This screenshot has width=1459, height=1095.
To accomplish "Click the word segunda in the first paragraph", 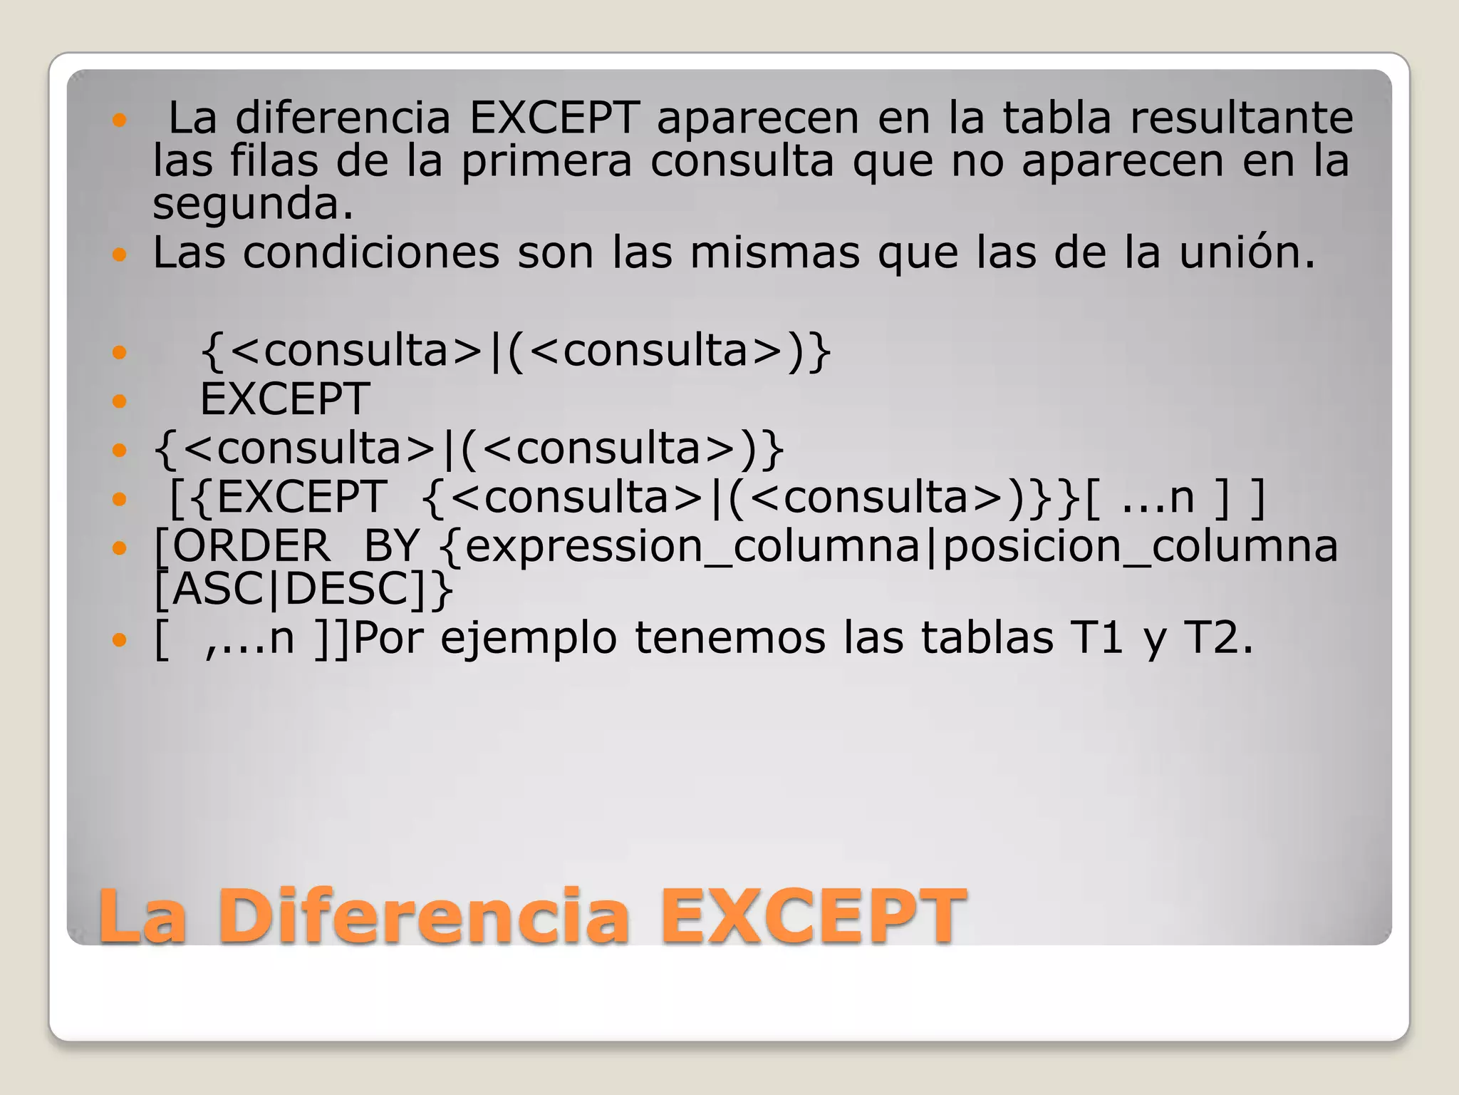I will click(x=253, y=205).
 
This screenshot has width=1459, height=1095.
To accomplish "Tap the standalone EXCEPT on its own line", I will click(x=285, y=399).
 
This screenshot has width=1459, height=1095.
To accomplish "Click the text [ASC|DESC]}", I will click(x=303, y=590).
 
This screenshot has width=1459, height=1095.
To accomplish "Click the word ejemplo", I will click(x=529, y=637).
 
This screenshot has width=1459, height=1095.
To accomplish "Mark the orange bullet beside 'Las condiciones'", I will click(x=119, y=253).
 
